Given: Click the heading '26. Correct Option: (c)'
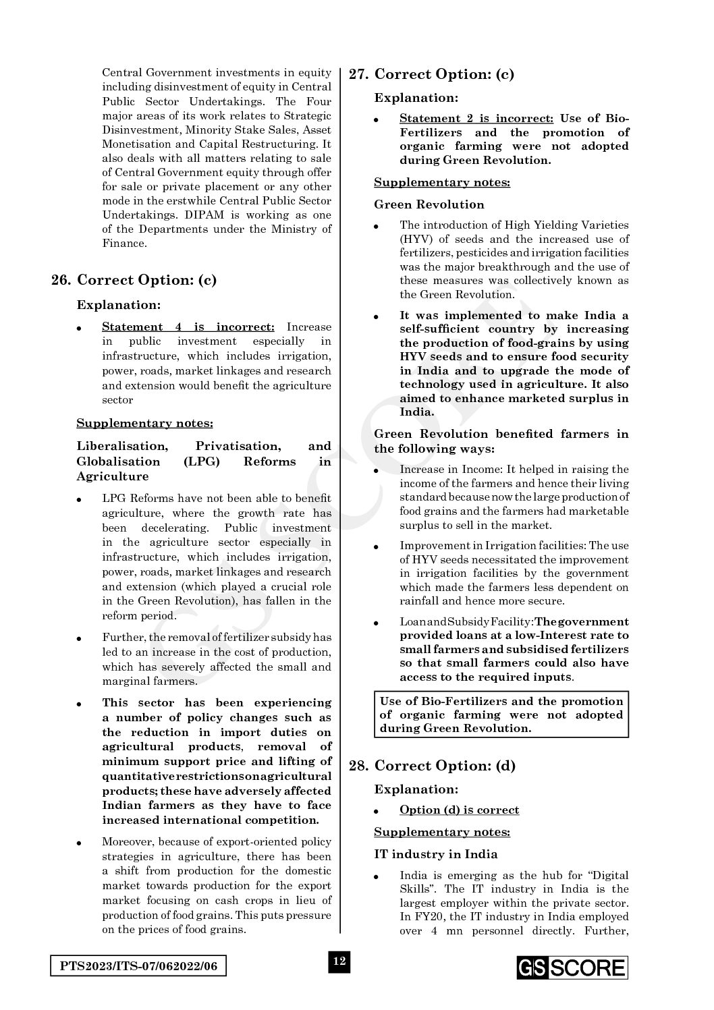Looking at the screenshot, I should pos(134,280).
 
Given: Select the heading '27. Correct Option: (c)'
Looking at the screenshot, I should pos(431,74).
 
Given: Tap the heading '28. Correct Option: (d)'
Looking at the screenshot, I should pos(432,766).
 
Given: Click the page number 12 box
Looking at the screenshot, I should pos(339,961).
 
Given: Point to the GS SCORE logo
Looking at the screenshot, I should pos(572,968).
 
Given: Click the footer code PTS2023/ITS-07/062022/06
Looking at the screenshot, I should pos(138,966).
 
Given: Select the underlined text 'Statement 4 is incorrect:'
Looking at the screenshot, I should pos(188,327).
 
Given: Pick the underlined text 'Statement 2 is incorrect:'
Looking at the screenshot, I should pos(476,119).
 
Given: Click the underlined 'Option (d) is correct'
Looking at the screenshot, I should pos(459,810).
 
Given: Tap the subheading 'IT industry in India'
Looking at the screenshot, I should pos(436,854).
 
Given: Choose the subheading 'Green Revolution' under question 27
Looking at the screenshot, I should pos(429,204).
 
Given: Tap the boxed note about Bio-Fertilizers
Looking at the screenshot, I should pos(501,714).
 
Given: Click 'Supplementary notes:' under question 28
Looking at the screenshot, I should pos(442,833).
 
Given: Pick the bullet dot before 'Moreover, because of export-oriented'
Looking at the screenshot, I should pos(80,843).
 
